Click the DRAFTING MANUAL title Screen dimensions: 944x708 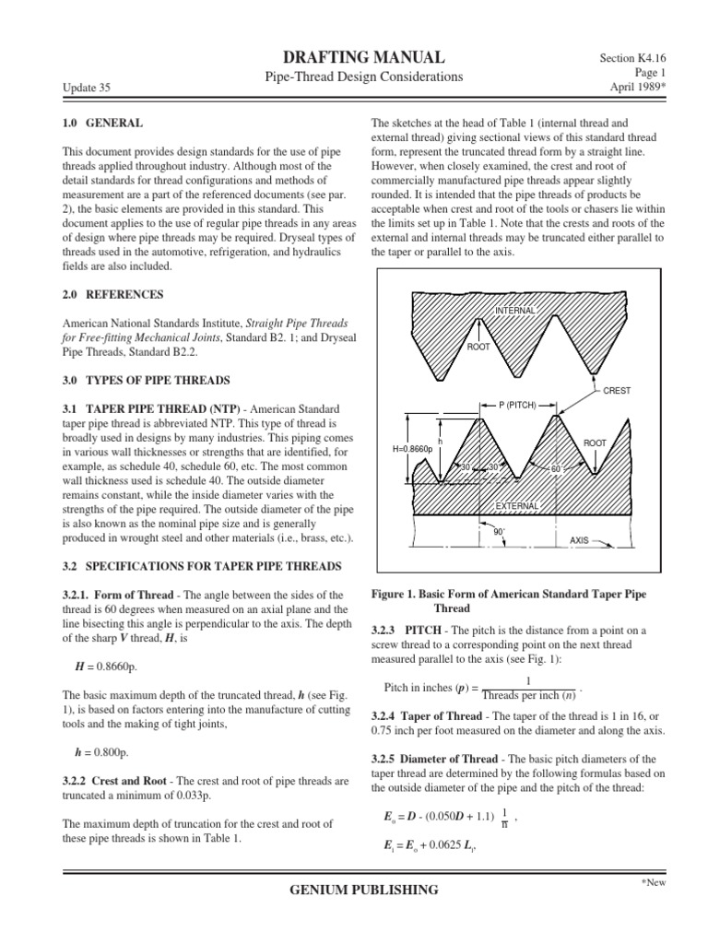[x=355, y=56]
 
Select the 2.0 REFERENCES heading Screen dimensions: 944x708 [x=113, y=295]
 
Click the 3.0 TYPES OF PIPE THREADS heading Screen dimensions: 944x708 [x=147, y=381]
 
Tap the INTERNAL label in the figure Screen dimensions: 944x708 [x=515, y=311]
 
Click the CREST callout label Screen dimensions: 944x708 [x=617, y=390]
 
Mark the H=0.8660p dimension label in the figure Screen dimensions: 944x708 [x=411, y=449]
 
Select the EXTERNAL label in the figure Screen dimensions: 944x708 [x=517, y=506]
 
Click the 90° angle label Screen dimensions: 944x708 [x=500, y=532]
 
